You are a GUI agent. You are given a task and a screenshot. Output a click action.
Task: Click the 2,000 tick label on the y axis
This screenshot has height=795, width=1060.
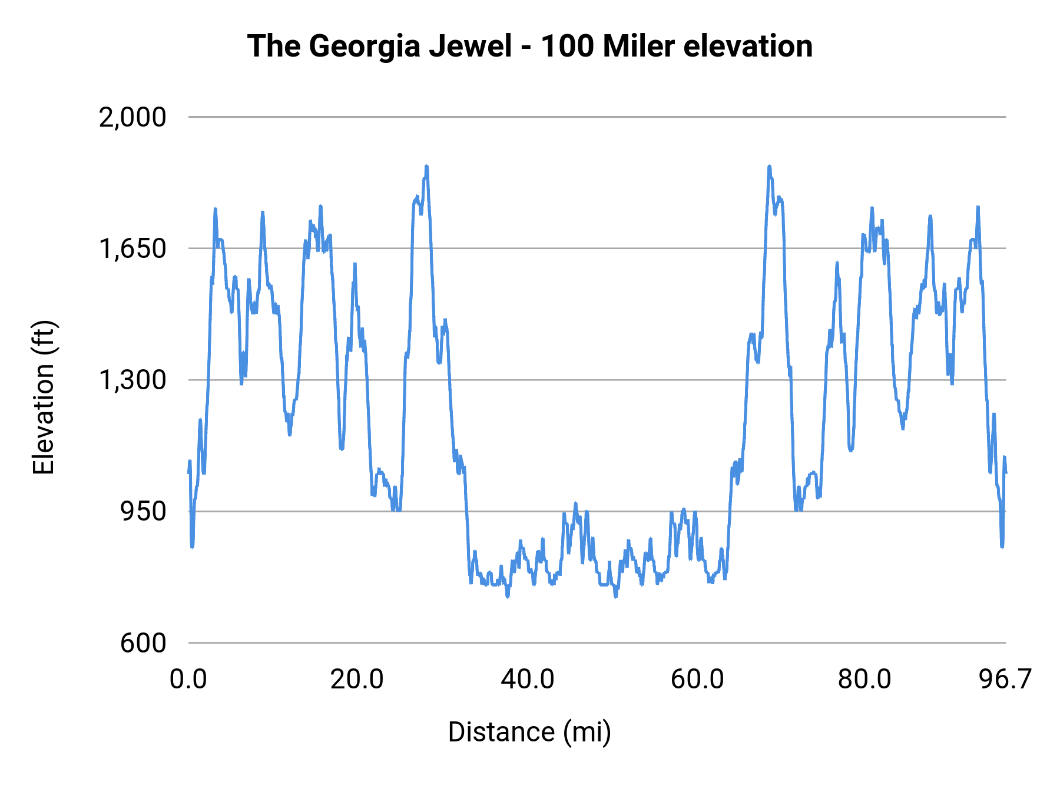coord(132,117)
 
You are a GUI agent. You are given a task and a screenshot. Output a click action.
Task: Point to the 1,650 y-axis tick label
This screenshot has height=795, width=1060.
coord(132,249)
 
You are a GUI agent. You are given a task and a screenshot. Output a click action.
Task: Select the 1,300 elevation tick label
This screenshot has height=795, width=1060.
coord(132,380)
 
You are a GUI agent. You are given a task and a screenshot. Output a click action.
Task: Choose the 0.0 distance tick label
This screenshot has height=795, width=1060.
coord(188,680)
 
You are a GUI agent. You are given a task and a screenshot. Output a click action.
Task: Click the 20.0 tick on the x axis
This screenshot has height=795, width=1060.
coord(357,680)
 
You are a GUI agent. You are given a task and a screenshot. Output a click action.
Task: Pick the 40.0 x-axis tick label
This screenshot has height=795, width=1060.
coord(528,680)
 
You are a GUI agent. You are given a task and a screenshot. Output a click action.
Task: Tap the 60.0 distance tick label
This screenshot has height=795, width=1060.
coord(697,680)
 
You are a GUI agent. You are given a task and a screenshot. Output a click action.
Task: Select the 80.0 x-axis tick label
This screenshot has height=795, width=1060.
coord(864,680)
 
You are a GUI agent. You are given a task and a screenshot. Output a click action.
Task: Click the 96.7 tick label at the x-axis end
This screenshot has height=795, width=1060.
coord(1005,680)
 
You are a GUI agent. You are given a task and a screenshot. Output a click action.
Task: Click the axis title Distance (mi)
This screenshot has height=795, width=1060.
coord(529,732)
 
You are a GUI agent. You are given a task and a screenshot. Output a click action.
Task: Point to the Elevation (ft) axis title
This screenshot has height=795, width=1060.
coord(44,397)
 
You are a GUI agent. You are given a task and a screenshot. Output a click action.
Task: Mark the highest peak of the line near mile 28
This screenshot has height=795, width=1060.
coord(426,167)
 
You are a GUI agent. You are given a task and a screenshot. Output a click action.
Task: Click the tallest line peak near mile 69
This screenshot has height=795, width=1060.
coord(769,167)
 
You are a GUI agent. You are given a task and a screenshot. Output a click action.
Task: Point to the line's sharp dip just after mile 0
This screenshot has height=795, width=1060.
coord(192,546)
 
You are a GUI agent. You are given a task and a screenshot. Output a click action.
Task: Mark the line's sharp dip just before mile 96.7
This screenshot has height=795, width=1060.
coord(1002,546)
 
